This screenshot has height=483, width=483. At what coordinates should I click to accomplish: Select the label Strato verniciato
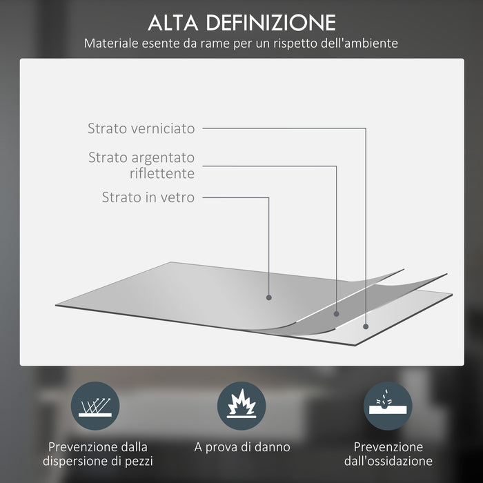(x=141, y=128)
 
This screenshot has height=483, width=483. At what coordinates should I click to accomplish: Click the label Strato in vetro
(x=148, y=197)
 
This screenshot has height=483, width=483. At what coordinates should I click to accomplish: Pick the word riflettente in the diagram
(x=161, y=173)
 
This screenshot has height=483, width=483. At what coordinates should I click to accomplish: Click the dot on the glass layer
(x=268, y=297)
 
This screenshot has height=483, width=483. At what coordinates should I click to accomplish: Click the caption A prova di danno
(x=241, y=447)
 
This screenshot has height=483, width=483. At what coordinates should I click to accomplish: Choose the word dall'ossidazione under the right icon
(x=388, y=461)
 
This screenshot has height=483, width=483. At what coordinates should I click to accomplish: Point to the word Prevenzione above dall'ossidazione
(x=388, y=447)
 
